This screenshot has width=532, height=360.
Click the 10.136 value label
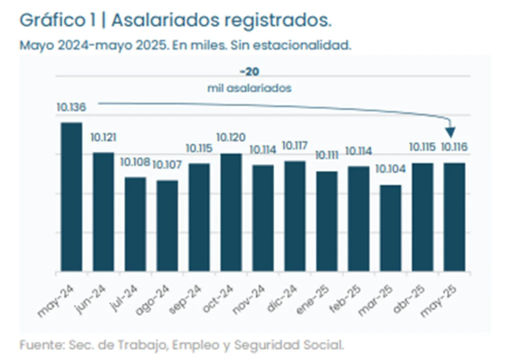(x=71, y=107)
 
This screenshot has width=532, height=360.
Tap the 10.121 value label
(x=103, y=137)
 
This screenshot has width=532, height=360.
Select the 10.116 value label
(x=454, y=147)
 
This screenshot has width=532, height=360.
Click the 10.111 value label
(x=326, y=155)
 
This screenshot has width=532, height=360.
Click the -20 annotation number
(x=249, y=72)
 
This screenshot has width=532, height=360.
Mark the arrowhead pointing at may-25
(x=451, y=131)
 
